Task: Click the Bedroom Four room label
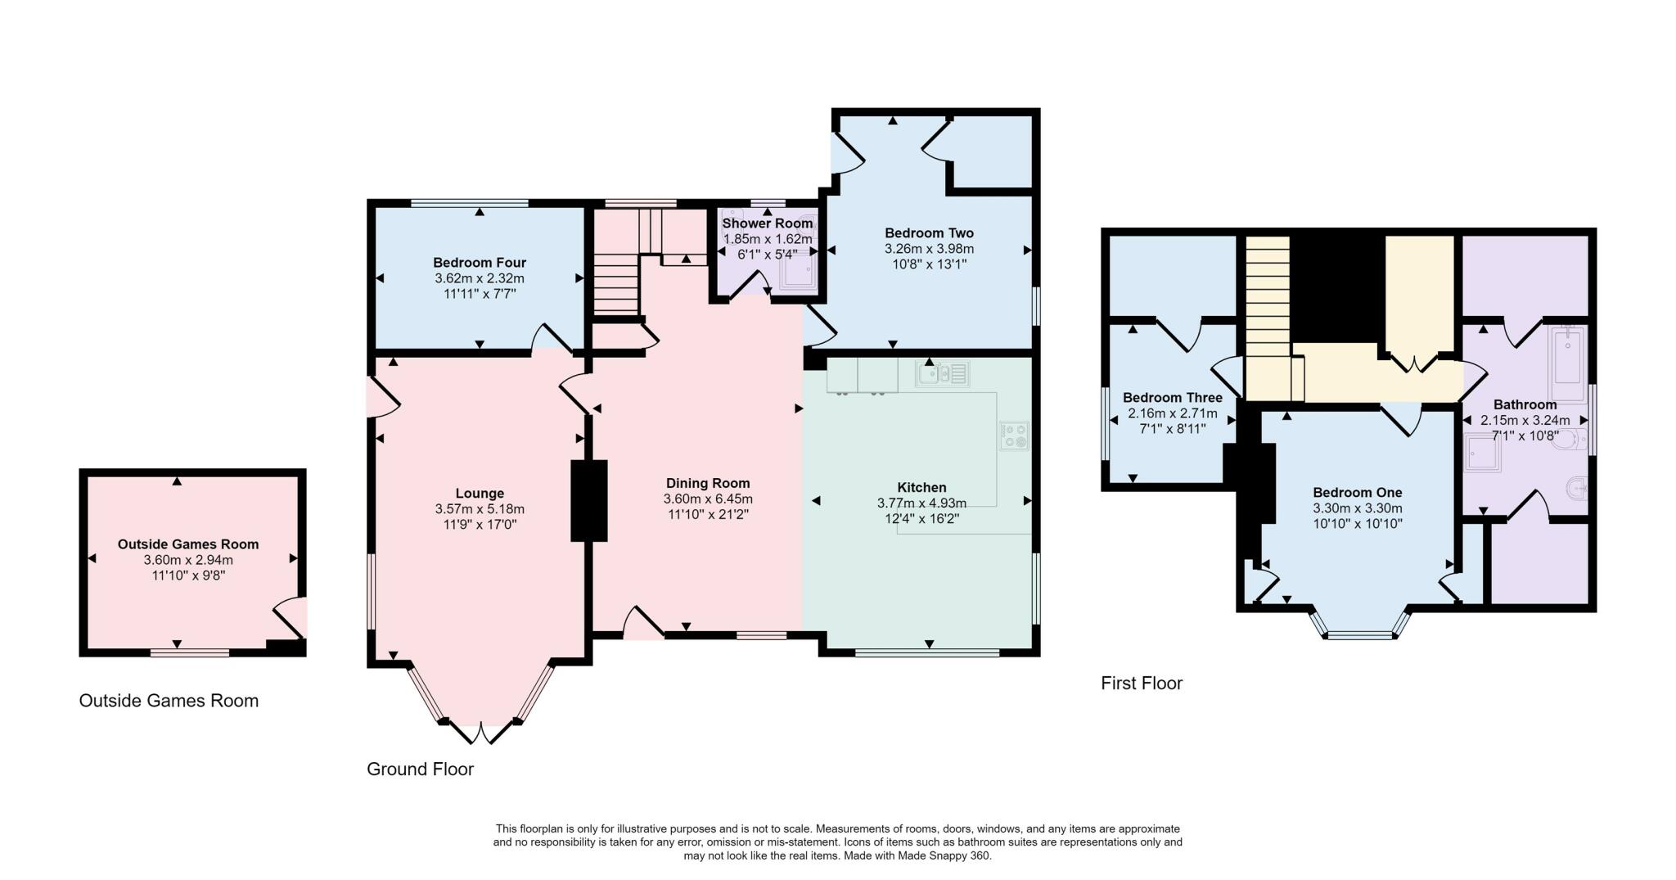pos(480,263)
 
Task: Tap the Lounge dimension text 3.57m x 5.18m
pos(480,509)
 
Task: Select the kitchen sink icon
pos(942,374)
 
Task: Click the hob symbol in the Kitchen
pos(1014,435)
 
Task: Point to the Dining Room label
pos(708,483)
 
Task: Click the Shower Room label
pos(768,223)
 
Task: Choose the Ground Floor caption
pos(420,769)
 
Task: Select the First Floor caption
pos(1142,684)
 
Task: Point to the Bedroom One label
pos(1357,493)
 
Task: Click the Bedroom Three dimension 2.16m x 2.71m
pos(1172,413)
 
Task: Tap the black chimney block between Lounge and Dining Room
pos(588,500)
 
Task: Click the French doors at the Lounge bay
pos(481,732)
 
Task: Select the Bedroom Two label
pos(929,233)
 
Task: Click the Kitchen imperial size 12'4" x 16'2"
pos(921,518)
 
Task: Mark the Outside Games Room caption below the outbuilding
pos(169,701)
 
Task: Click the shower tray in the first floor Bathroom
pos(1483,454)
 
